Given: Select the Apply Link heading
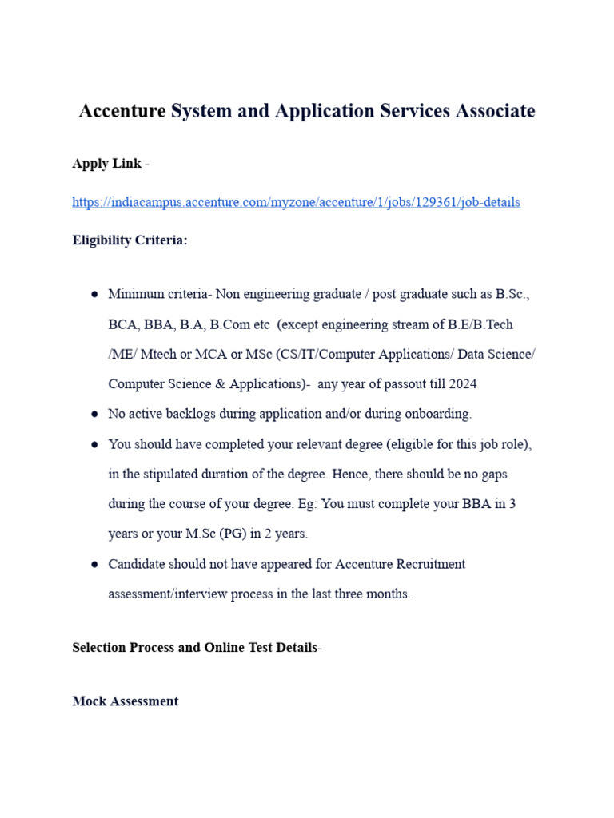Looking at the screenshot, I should [106, 164].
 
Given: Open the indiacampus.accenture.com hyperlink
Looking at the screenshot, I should [296, 202].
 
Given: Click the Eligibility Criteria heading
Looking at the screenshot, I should [130, 240].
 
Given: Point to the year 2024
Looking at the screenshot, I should [463, 384].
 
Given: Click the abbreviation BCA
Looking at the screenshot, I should [122, 324].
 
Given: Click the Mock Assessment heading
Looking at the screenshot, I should [126, 701].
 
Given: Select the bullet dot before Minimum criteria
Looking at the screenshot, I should [94, 295].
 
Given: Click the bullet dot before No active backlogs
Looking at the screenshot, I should [94, 415].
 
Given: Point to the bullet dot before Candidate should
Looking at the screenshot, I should [94, 565].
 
